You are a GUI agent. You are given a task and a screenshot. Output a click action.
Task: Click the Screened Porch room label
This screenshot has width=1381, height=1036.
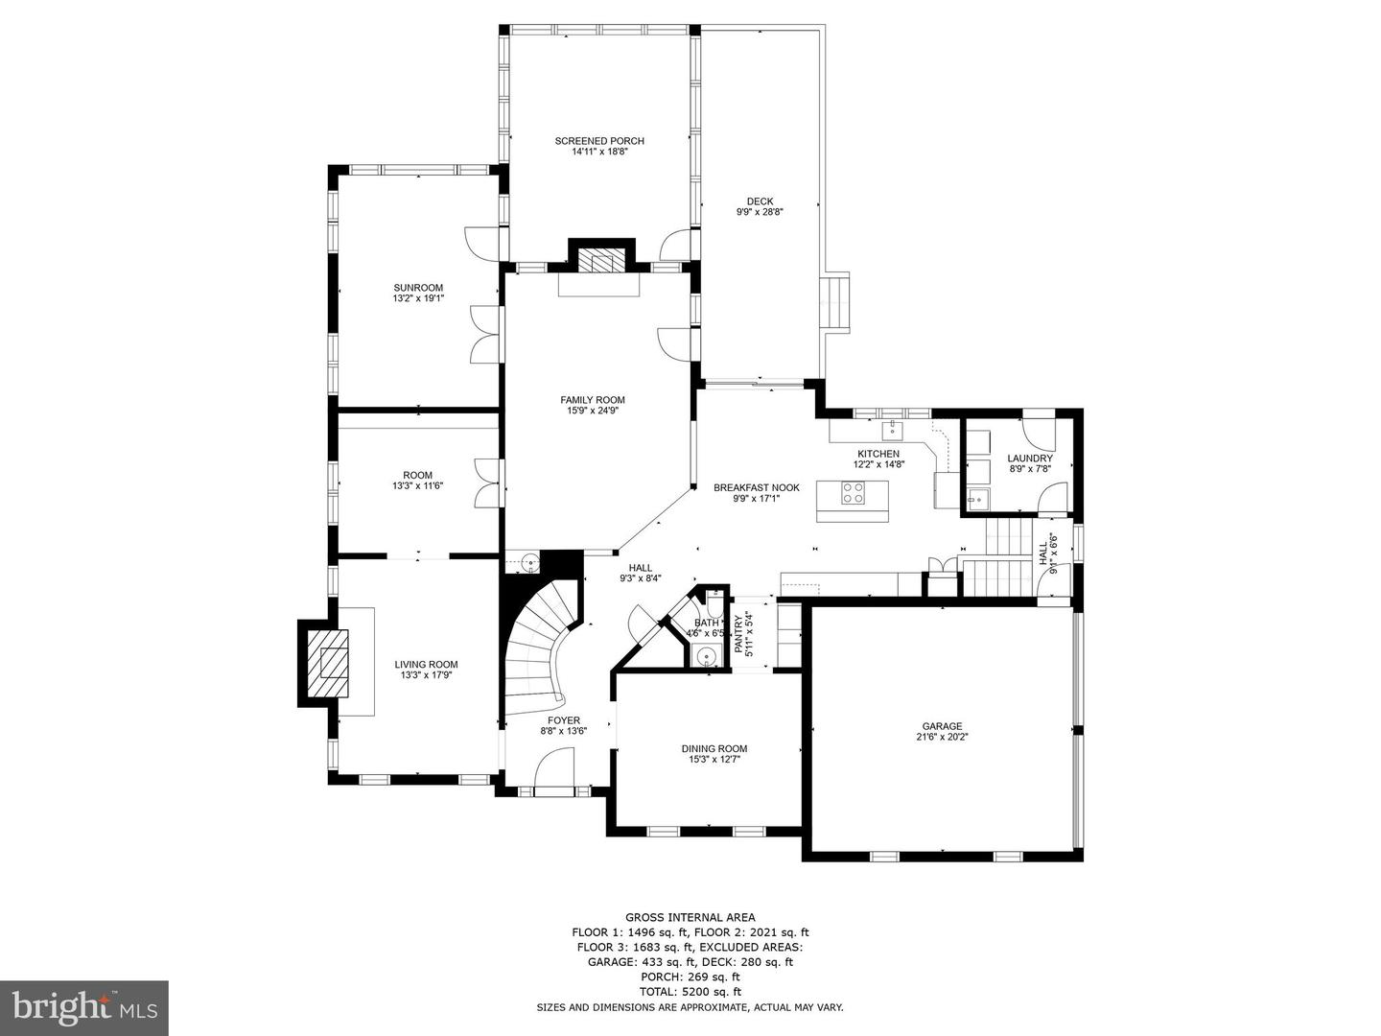pos(599,141)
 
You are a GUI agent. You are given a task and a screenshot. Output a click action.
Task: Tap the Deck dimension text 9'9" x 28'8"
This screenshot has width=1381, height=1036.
pos(760,212)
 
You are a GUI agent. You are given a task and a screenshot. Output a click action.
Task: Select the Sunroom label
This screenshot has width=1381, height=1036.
pos(418,288)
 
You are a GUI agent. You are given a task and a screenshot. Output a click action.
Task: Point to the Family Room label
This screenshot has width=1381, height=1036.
pos(593,399)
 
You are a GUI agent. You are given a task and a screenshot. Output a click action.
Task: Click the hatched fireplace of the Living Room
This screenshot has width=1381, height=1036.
pos(327,662)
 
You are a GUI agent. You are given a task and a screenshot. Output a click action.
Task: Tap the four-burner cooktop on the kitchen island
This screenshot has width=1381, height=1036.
pos(854,492)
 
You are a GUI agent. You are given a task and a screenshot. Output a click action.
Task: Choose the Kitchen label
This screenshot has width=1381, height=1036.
pos(878,454)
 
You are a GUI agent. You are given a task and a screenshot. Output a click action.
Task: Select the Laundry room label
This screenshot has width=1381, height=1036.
pos(1030,458)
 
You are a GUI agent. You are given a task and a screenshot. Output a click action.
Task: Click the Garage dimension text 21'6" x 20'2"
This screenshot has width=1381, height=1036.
pos(942,737)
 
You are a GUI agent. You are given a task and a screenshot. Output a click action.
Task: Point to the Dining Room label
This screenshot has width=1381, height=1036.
pos(714,748)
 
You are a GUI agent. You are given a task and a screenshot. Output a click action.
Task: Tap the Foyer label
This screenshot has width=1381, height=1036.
pos(564,720)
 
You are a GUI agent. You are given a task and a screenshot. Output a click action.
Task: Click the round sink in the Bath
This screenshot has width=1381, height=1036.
pos(707,658)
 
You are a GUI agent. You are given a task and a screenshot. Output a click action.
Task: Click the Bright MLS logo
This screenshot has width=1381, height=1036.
pos(83,1008)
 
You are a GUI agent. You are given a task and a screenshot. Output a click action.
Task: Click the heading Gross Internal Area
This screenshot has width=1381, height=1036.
pos(690,918)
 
